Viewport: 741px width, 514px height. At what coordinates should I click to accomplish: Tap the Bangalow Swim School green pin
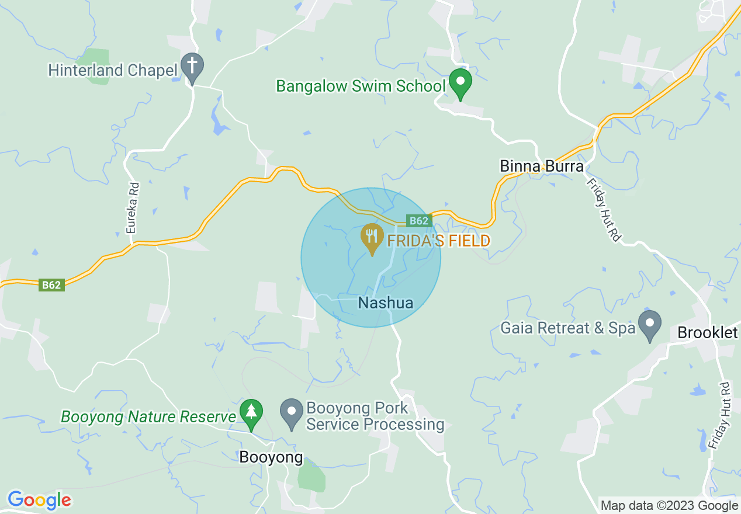460,83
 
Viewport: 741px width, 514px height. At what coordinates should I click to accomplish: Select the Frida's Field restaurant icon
371,238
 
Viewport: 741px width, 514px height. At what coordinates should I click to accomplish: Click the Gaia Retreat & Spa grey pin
649,325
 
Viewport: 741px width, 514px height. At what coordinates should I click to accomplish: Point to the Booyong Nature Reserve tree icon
251,413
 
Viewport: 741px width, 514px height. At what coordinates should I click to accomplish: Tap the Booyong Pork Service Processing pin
292,413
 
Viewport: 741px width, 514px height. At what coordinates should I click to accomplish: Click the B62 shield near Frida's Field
419,221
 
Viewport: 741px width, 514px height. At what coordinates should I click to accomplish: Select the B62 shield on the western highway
51,285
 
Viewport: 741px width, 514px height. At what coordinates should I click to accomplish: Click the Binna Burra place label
542,166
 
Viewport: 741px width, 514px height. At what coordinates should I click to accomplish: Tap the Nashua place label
385,303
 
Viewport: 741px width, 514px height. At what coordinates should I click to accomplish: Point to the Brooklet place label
708,333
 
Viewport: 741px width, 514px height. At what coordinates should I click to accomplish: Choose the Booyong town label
271,457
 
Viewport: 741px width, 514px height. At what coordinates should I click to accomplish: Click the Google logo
39,500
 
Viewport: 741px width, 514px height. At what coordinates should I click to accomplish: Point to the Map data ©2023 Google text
669,506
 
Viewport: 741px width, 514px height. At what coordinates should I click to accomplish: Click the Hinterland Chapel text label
113,71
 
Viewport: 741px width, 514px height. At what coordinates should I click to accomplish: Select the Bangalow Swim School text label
361,86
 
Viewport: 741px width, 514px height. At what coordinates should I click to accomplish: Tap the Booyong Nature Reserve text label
148,417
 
